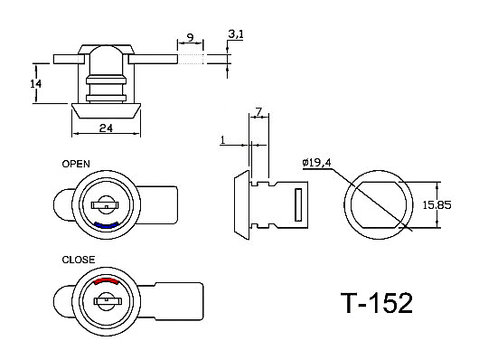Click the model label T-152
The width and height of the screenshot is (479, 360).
click(376, 302)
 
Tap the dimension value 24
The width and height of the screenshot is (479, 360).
click(106, 128)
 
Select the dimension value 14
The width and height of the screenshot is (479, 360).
click(36, 83)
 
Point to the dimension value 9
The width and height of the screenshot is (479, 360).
click(190, 38)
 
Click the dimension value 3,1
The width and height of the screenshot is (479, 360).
click(236, 35)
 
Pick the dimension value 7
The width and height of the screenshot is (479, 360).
click(258, 112)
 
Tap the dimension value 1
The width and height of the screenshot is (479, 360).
click(222, 140)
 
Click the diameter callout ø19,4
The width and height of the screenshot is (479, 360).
click(316, 163)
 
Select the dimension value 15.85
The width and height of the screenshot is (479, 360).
click(437, 205)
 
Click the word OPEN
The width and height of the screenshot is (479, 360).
click(76, 164)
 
